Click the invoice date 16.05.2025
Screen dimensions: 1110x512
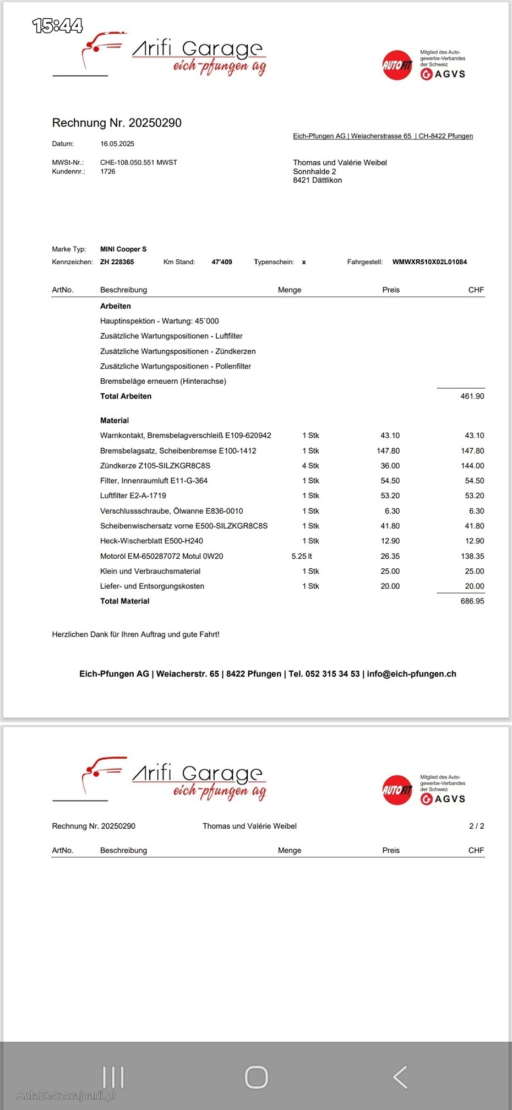pyautogui.click(x=117, y=144)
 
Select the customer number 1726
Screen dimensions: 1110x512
pyautogui.click(x=108, y=171)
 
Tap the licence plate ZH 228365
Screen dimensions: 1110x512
pyautogui.click(x=117, y=262)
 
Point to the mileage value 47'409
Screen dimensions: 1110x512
pyautogui.click(x=222, y=262)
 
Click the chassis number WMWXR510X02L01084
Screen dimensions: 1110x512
pyautogui.click(x=429, y=262)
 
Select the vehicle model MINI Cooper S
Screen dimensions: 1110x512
pyautogui.click(x=123, y=249)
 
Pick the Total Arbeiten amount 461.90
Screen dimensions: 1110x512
pyautogui.click(x=472, y=396)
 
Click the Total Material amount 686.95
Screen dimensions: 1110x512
pyautogui.click(x=472, y=601)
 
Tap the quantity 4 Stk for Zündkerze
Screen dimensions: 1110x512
pyautogui.click(x=311, y=466)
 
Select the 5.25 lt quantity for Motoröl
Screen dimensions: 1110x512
pyautogui.click(x=302, y=556)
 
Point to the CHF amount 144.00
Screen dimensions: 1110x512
pyautogui.click(x=472, y=466)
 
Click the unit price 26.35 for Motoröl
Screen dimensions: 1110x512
pyautogui.click(x=390, y=556)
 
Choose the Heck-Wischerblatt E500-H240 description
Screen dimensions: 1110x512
pyautogui.click(x=151, y=541)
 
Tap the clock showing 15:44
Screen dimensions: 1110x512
pyautogui.click(x=57, y=25)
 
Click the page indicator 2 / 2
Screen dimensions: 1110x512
pyautogui.click(x=477, y=826)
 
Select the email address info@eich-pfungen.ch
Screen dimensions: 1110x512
pyautogui.click(x=411, y=674)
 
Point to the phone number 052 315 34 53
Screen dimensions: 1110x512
pyautogui.click(x=333, y=674)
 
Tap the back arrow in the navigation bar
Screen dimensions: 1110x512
pyautogui.click(x=400, y=1078)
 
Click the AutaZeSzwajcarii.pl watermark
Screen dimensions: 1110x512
pyautogui.click(x=66, y=1095)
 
